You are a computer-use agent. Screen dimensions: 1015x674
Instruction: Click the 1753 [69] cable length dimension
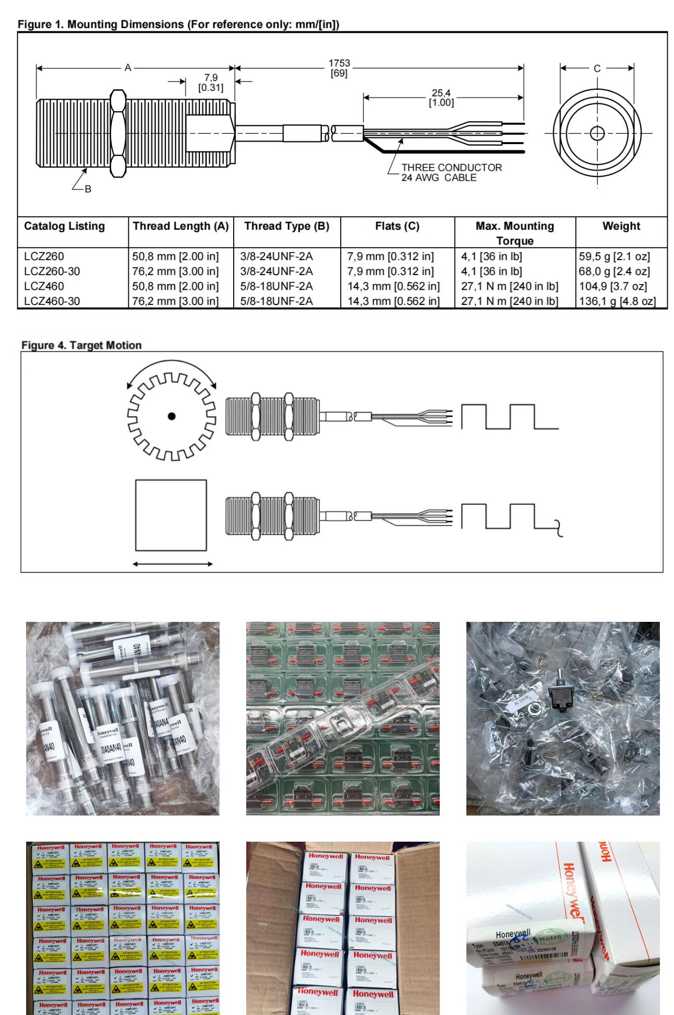[x=339, y=68]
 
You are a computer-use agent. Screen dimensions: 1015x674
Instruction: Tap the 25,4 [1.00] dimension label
[x=441, y=98]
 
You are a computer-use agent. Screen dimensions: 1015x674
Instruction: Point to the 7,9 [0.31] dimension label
[x=211, y=82]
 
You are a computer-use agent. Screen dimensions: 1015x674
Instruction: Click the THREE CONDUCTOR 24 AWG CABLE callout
[x=451, y=172]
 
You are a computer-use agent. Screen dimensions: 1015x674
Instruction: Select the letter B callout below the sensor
[x=88, y=188]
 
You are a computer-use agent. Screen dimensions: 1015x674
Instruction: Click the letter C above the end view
[x=597, y=68]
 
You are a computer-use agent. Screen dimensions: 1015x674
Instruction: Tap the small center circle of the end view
[x=597, y=133]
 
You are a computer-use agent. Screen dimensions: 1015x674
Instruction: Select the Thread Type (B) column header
[x=286, y=226]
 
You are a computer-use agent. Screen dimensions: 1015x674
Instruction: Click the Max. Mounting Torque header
[x=514, y=233]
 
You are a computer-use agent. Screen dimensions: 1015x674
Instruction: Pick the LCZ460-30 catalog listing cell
[x=52, y=301]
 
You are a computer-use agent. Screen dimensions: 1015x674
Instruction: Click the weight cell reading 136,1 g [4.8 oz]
[x=617, y=301]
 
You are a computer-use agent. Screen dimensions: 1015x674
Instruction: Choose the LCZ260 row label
[x=44, y=256]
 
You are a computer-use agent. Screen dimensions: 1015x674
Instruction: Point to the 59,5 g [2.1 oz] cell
[x=614, y=256]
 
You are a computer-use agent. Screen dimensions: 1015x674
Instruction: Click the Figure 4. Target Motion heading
[x=81, y=345]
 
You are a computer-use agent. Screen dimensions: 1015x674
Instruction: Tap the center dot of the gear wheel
[x=172, y=416]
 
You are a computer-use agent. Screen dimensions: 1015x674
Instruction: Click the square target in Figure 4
[x=171, y=515]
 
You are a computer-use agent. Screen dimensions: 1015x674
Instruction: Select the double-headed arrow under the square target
[x=173, y=564]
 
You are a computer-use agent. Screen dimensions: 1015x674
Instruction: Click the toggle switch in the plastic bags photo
[x=559, y=695]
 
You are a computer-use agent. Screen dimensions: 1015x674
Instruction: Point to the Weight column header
[x=621, y=226]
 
